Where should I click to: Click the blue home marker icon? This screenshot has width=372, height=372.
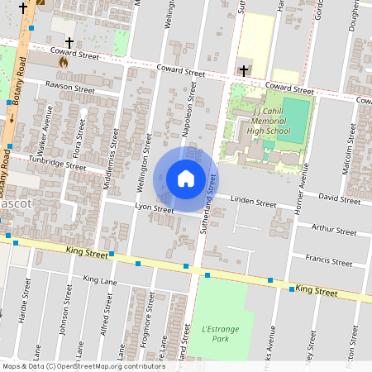pyautogui.click(x=186, y=179)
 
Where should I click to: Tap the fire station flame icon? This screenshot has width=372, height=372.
pyautogui.click(x=64, y=60)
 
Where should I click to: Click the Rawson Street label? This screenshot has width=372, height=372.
pyautogui.click(x=71, y=86)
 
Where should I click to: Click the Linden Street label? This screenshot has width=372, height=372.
pyautogui.click(x=253, y=203)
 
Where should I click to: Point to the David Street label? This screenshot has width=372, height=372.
pyautogui.click(x=339, y=199)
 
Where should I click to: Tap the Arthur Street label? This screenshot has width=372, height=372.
pyautogui.click(x=333, y=229)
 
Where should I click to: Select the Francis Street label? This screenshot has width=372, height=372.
pyautogui.click(x=328, y=260)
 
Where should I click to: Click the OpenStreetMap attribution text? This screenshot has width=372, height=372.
pyautogui.click(x=83, y=366)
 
